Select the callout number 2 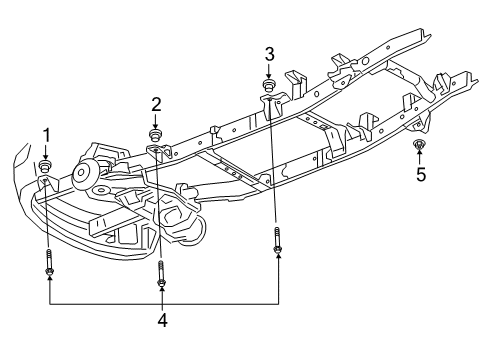[x=156, y=103]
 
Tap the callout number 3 [x=269, y=52]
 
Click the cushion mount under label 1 [x=46, y=166]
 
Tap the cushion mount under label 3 [x=269, y=83]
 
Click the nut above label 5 [x=420, y=147]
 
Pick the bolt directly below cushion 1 [x=48, y=266]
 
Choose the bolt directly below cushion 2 [x=161, y=272]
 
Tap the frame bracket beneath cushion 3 [x=271, y=103]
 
